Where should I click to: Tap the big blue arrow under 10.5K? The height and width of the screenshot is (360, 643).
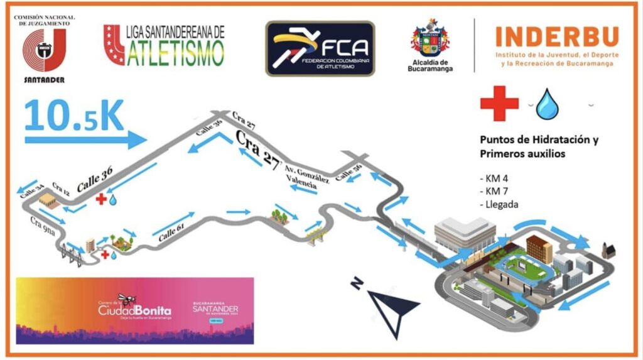click(x=85, y=139)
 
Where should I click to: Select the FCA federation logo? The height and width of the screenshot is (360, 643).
click(x=320, y=48)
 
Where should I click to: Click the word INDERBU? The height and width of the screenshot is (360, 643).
click(x=556, y=37)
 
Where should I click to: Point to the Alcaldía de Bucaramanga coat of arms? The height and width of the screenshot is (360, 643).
click(x=430, y=39)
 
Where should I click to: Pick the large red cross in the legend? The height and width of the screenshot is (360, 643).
click(x=499, y=103)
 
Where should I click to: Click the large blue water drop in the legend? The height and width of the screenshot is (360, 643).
click(x=547, y=104)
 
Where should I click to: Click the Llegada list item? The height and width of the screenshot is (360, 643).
click(x=499, y=204)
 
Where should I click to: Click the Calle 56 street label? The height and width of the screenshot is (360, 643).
click(x=348, y=174)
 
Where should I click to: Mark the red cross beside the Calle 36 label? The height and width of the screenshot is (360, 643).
click(x=100, y=199)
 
